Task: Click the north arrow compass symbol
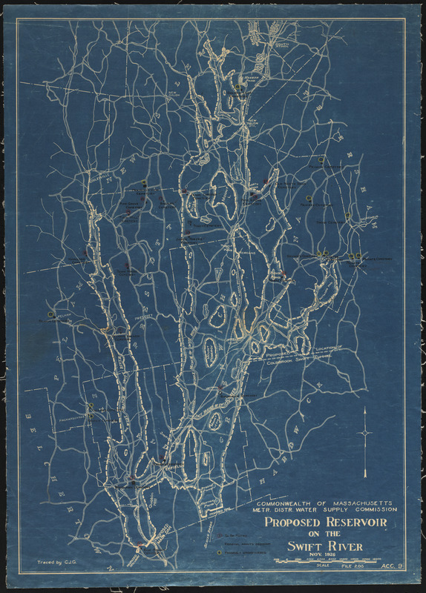pyautogui.click(x=366, y=432)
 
